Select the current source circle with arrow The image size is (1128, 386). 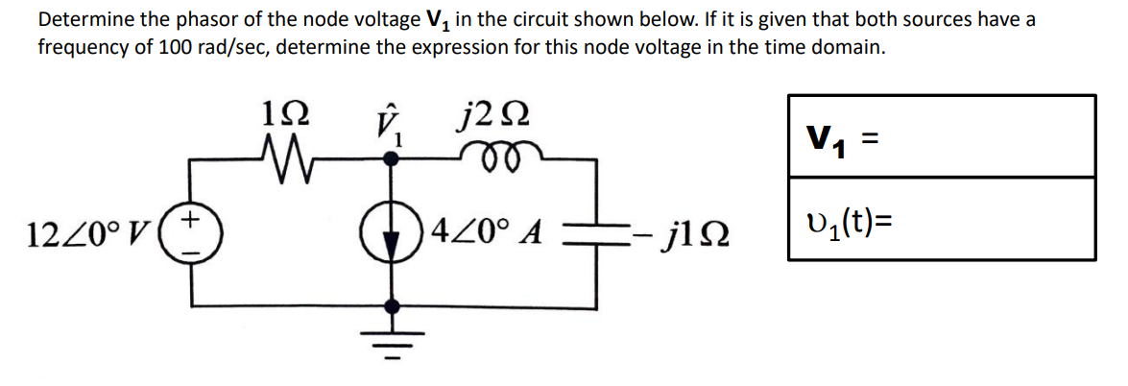click(390, 232)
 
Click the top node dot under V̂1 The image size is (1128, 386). click(390, 162)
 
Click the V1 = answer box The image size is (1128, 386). click(941, 135)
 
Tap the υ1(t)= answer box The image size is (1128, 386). click(941, 218)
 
